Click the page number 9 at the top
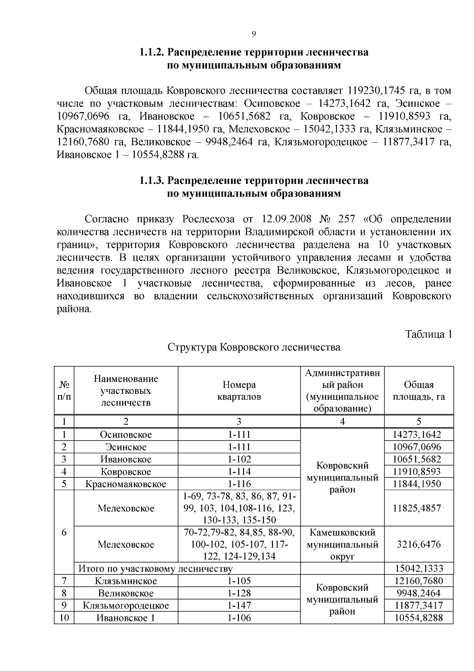[x=254, y=34]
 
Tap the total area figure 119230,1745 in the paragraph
[x=376, y=91]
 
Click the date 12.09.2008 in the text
[x=287, y=219]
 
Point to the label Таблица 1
[x=428, y=334]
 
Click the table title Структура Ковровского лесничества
[x=254, y=347]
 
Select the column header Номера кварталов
[x=239, y=391]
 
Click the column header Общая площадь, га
[x=419, y=391]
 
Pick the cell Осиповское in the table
[x=126, y=435]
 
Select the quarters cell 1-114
[x=239, y=472]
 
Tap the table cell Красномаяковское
[x=126, y=484]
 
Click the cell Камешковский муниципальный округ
[x=342, y=544]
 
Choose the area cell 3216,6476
[x=419, y=544]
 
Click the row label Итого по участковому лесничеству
[x=156, y=569]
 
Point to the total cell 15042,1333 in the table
[x=419, y=569]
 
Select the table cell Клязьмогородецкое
[x=126, y=605]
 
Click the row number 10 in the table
[x=64, y=618]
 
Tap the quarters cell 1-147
[x=239, y=605]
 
